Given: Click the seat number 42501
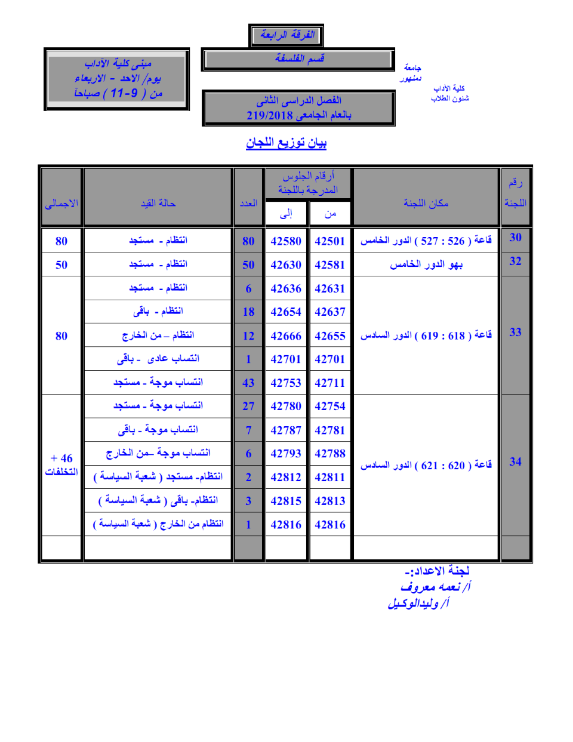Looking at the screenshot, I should [x=329, y=241].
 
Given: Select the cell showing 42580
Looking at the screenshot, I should [x=286, y=241].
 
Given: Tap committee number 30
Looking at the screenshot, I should [x=515, y=238].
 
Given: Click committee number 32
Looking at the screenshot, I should [x=515, y=261].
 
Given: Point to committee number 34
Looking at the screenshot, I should [x=515, y=461].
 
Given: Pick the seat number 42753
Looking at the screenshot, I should [x=286, y=383].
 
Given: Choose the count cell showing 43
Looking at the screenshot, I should [x=248, y=383].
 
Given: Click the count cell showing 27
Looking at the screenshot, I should [x=248, y=407].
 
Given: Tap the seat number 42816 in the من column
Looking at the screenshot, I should [x=329, y=525].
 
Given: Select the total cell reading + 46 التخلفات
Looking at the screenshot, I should [x=61, y=464].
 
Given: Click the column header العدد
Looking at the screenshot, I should [x=248, y=204].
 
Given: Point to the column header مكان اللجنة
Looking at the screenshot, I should [x=426, y=204].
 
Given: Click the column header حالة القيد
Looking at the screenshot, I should [x=158, y=204].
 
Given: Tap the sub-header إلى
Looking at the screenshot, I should [x=286, y=214].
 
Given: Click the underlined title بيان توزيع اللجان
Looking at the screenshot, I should [x=286, y=143].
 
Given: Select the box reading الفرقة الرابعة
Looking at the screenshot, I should [x=286, y=35].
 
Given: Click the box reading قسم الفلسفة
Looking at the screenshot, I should [x=298, y=59].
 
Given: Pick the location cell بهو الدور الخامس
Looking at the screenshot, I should [x=426, y=264].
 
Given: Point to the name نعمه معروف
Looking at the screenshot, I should [x=431, y=587].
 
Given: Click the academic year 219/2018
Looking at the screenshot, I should [x=269, y=116].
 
